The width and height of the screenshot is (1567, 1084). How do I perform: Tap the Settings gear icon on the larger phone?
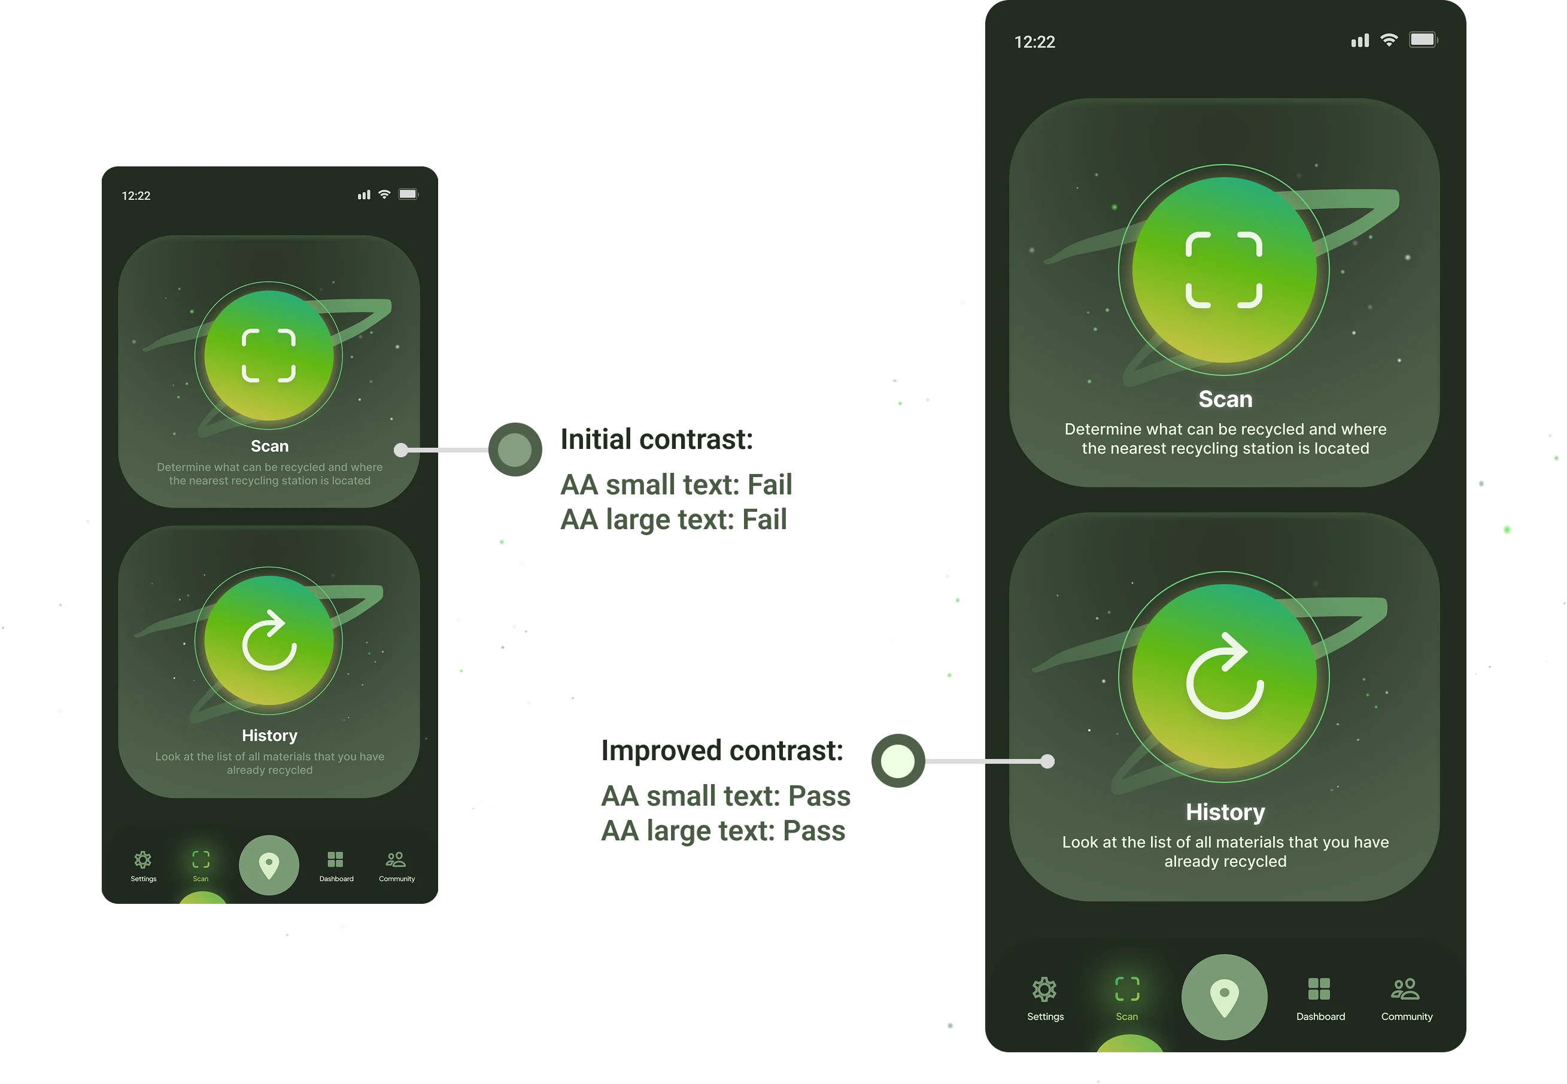click(x=1044, y=989)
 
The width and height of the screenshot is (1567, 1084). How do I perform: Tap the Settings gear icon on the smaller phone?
click(x=142, y=860)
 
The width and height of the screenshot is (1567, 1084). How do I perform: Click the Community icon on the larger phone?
click(x=1405, y=989)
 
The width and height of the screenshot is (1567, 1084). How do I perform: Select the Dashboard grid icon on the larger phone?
click(x=1319, y=989)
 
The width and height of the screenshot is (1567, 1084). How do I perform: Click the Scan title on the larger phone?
click(x=1225, y=399)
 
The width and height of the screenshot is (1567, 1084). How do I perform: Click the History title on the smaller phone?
click(x=270, y=736)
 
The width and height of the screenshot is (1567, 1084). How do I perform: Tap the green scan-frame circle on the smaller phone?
click(x=269, y=355)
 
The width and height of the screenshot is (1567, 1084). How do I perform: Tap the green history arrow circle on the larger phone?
click(x=1224, y=676)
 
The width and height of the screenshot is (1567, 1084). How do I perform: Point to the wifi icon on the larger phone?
click(x=1389, y=40)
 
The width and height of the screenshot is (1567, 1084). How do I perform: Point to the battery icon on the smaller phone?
click(x=408, y=195)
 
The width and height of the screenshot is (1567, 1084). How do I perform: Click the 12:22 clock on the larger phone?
click(x=1034, y=42)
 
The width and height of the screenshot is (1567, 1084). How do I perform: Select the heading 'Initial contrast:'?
click(x=656, y=439)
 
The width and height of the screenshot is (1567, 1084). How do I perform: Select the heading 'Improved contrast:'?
click(x=722, y=751)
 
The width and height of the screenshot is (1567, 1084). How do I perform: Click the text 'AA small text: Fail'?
click(x=676, y=485)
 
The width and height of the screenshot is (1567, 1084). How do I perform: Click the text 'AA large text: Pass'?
click(x=722, y=831)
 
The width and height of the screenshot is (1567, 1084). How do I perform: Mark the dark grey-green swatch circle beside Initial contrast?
click(x=515, y=450)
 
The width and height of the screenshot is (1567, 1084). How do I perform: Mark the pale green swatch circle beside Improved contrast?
click(x=898, y=761)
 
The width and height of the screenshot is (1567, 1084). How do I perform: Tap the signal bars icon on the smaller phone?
click(x=364, y=195)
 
